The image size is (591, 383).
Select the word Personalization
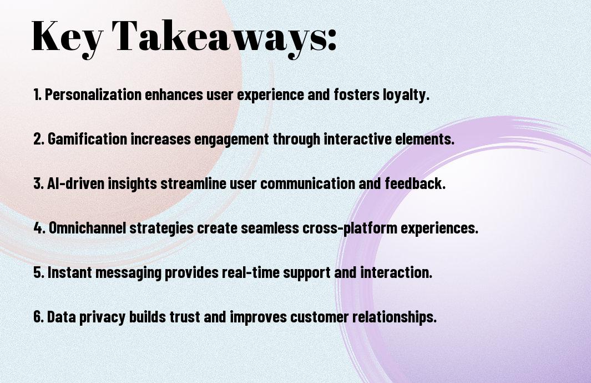(93, 94)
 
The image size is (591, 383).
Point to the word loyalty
(406, 95)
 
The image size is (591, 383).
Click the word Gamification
(88, 139)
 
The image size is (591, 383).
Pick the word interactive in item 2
(357, 139)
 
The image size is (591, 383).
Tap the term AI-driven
(76, 183)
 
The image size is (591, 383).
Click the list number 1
(37, 95)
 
